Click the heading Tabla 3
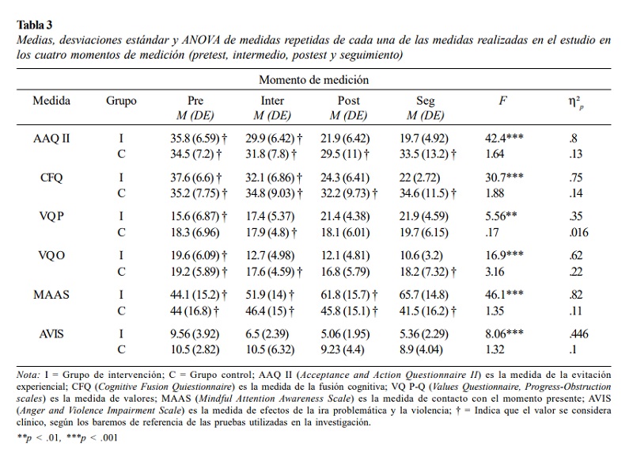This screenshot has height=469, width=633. [35, 25]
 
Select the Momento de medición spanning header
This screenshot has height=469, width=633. [313, 80]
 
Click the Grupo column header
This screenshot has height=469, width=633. [121, 101]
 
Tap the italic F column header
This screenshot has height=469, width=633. [502, 101]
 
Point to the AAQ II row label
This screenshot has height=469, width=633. [51, 139]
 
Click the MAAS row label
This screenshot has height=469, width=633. [51, 295]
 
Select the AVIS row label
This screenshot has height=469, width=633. [51, 334]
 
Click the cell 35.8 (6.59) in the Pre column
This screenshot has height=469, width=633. [195, 139]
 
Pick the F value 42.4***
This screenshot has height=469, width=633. [504, 138]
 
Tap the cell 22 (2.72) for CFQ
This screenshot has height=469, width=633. [420, 178]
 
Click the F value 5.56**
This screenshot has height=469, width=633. [501, 216]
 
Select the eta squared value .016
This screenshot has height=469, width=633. [578, 232]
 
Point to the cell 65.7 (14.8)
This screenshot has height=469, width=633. [424, 295]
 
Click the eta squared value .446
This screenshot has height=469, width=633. [578, 334]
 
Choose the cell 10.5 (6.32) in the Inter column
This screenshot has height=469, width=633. [270, 349]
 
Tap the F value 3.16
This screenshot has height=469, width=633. [495, 272]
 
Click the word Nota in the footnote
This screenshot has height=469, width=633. [28, 375]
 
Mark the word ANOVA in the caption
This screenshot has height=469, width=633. [201, 40]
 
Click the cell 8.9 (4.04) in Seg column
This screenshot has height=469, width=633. [421, 349]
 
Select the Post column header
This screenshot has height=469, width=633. [348, 101]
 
